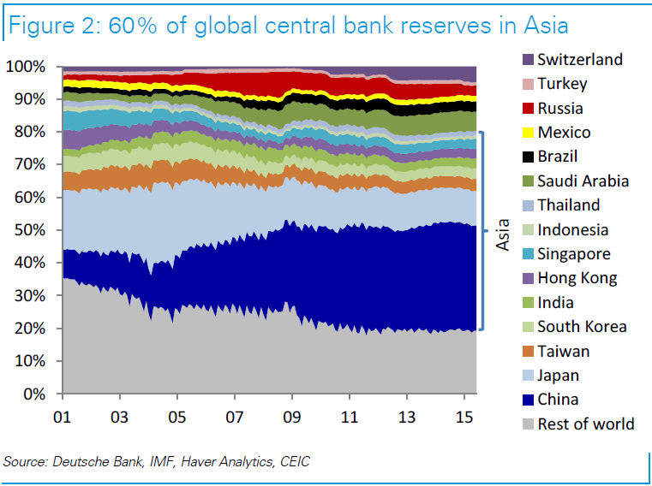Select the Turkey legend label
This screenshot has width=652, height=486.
pyautogui.click(x=563, y=84)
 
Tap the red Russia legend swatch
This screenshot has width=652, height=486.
pyautogui.click(x=527, y=109)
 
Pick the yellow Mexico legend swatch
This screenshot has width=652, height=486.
pyautogui.click(x=527, y=133)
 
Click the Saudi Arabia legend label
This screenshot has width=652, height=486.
pyautogui.click(x=583, y=181)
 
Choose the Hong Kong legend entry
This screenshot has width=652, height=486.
pyautogui.click(x=577, y=278)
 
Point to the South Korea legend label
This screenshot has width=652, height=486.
pyautogui.click(x=582, y=327)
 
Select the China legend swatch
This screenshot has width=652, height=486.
pyautogui.click(x=527, y=400)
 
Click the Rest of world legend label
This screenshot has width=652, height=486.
pyautogui.click(x=586, y=424)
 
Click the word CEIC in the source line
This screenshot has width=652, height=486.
pyautogui.click(x=291, y=462)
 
